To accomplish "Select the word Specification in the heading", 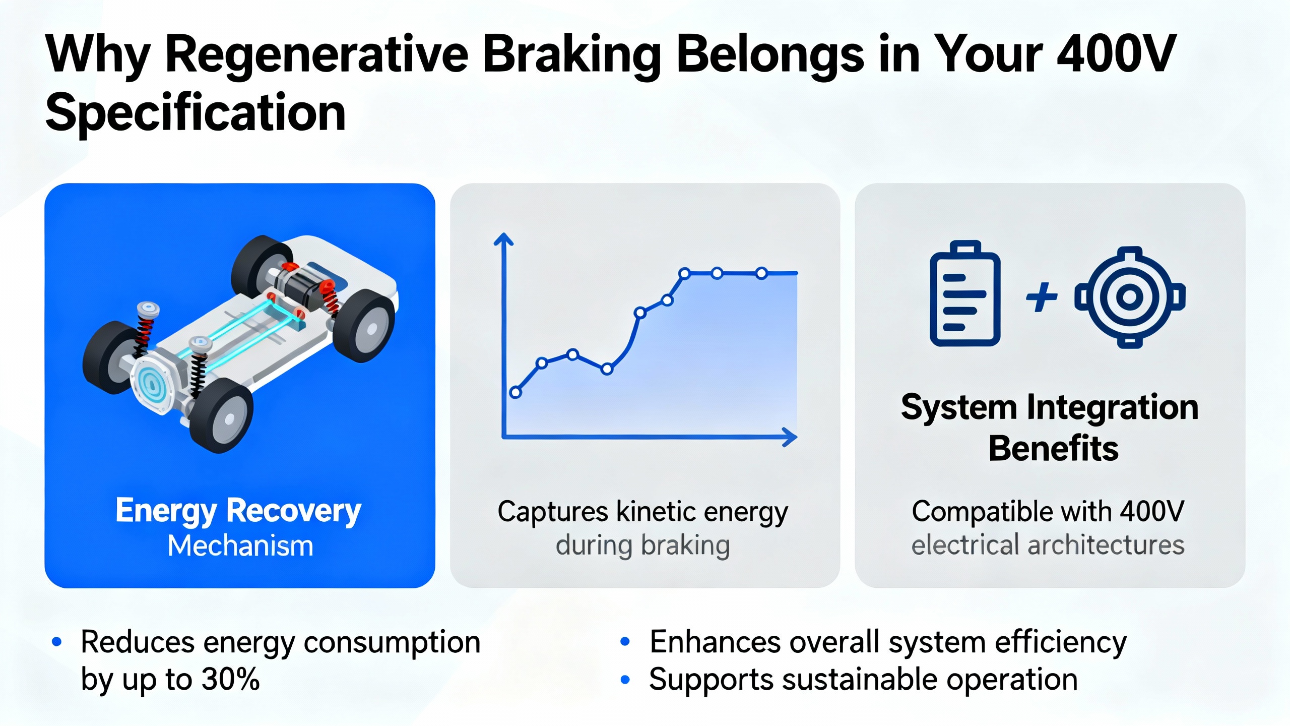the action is [196, 113].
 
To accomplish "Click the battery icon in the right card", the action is [965, 293].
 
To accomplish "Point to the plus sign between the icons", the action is [1042, 297].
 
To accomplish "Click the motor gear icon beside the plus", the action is [1130, 297].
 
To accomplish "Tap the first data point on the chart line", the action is [515, 392].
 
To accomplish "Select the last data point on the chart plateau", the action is [761, 273].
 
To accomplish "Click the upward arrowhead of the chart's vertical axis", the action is [503, 239].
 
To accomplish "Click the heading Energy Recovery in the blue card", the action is [238, 511].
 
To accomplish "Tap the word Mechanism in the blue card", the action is [240, 546].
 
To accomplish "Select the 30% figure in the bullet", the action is [230, 679].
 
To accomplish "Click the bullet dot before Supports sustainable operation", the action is [625, 680].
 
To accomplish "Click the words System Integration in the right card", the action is [1050, 407].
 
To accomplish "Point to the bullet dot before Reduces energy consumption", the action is [57, 642].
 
